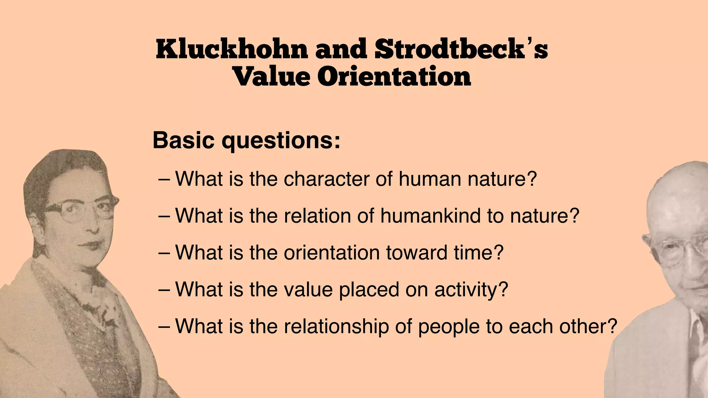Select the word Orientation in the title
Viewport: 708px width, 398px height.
click(x=394, y=77)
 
